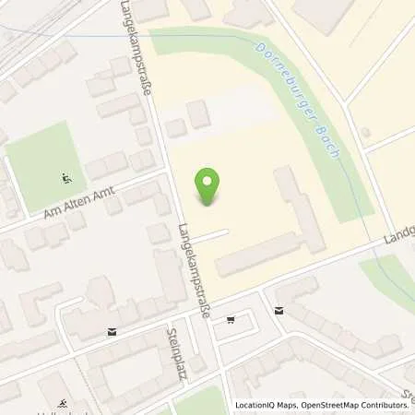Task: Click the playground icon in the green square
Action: (65, 177)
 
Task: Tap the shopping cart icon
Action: (230, 319)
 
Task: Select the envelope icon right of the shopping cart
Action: (279, 310)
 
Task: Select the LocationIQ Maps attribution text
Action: (267, 406)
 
